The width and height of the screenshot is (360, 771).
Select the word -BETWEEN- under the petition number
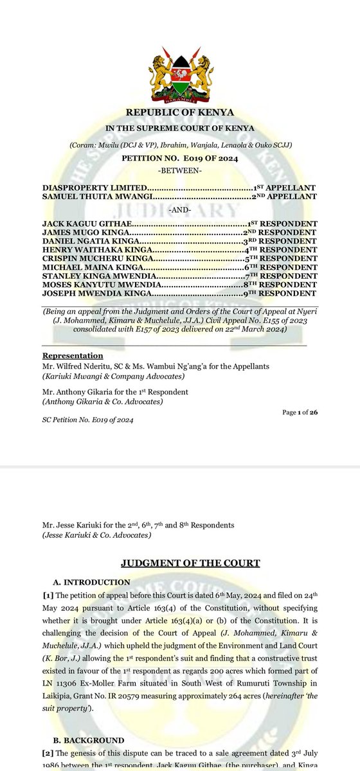point(180,170)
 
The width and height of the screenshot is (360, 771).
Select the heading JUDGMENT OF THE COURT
point(190,563)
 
